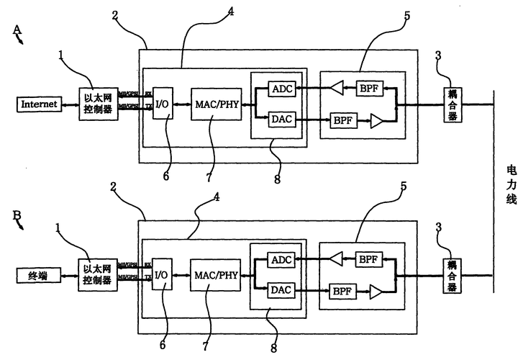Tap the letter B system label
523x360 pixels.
[16, 214]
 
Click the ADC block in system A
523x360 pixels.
[279, 89]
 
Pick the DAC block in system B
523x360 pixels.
[279, 289]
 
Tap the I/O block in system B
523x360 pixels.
[163, 276]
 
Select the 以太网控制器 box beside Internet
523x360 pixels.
[98, 105]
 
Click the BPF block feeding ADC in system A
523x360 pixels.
[369, 88]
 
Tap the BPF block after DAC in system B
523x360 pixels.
[340, 292]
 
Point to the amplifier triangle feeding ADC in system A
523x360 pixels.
[337, 89]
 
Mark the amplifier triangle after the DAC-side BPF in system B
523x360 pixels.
[375, 292]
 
